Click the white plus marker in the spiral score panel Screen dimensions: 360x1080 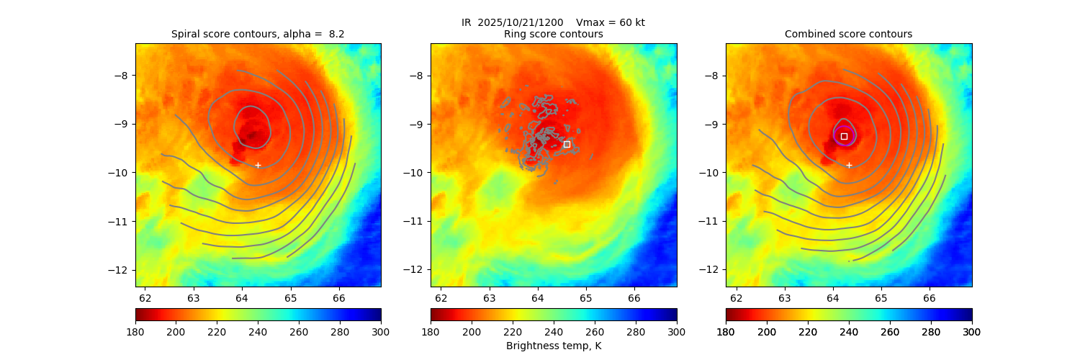(x=258, y=165)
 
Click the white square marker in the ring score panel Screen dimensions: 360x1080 (x=567, y=144)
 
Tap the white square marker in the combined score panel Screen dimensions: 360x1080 (x=844, y=136)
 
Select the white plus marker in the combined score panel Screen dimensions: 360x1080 (x=849, y=165)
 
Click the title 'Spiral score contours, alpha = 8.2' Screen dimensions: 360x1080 (x=258, y=34)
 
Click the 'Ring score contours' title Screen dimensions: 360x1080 (x=553, y=34)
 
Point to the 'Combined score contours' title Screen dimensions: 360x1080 (x=848, y=34)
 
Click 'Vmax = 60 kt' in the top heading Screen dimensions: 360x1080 (x=611, y=22)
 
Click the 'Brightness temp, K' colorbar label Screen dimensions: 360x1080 (x=553, y=346)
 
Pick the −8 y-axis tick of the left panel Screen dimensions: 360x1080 (x=123, y=75)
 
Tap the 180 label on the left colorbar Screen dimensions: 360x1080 (x=135, y=331)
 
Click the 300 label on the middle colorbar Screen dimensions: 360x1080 (x=677, y=331)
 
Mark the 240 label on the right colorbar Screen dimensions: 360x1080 (x=849, y=331)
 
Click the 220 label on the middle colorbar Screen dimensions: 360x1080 (x=513, y=331)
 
